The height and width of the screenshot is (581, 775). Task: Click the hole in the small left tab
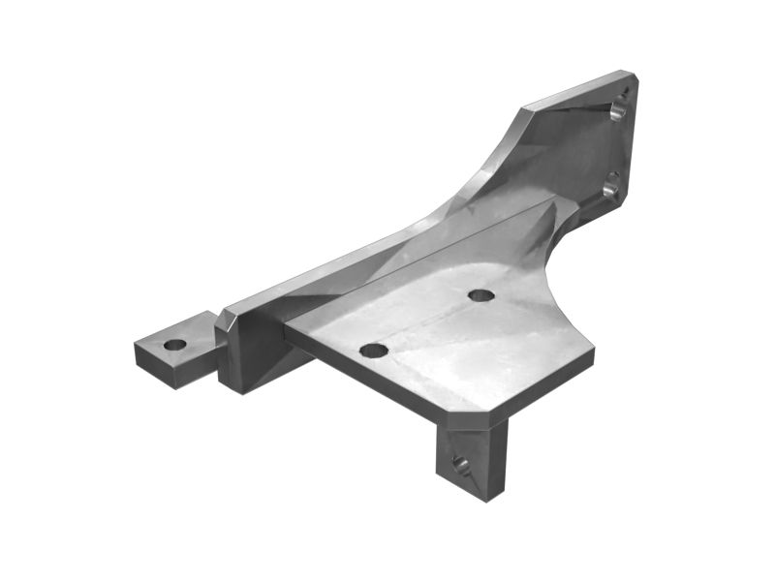point(174,344)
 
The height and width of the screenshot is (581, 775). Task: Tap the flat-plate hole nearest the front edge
point(373,350)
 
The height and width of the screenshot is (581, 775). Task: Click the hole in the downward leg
point(460,464)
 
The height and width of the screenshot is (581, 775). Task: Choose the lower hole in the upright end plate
point(610,185)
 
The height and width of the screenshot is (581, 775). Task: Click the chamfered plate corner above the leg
point(474,418)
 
